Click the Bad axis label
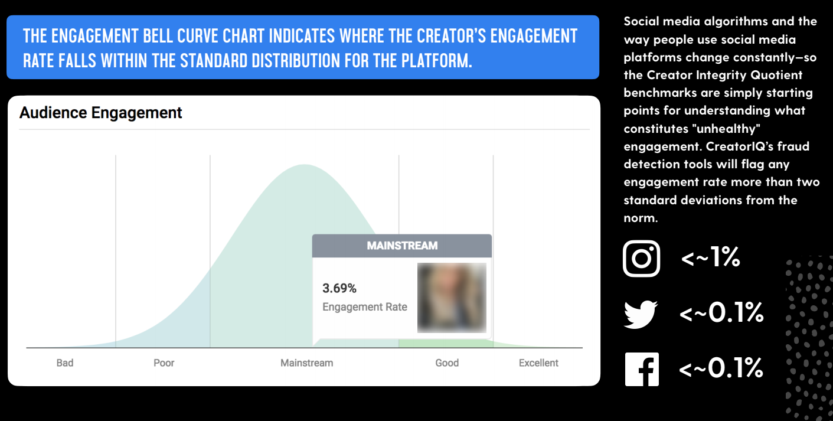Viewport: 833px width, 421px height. [65, 363]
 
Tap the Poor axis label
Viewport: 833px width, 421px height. [164, 363]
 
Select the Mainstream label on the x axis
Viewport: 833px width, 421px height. [307, 363]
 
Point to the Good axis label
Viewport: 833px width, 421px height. [447, 363]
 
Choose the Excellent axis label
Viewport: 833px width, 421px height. [538, 363]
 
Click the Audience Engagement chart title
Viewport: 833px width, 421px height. [100, 113]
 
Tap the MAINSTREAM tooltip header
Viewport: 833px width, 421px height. [402, 246]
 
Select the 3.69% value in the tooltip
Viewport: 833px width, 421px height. [339, 288]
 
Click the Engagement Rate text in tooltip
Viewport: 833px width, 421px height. [364, 307]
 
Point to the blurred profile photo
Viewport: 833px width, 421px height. [452, 298]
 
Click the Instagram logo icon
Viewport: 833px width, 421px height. [642, 259]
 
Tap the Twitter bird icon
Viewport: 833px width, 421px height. [641, 314]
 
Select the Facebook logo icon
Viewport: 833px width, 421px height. [642, 369]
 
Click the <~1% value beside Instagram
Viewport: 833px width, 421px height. [710, 257]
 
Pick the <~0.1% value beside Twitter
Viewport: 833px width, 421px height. [721, 312]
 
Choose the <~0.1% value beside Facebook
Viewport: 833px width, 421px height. [721, 368]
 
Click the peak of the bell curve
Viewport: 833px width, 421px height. [305, 164]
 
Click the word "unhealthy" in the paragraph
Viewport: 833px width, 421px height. [726, 129]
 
